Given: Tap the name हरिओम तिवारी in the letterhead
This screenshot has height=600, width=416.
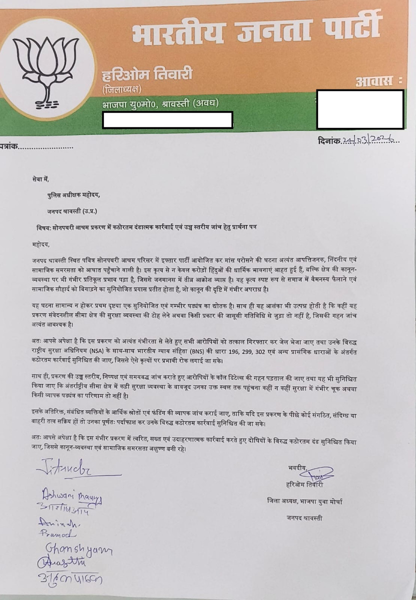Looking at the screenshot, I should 147,75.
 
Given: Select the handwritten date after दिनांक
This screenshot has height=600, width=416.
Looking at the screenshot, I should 370,141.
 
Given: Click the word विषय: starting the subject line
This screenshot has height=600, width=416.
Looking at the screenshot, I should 44,227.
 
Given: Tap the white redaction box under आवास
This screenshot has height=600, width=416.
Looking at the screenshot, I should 360,109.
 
